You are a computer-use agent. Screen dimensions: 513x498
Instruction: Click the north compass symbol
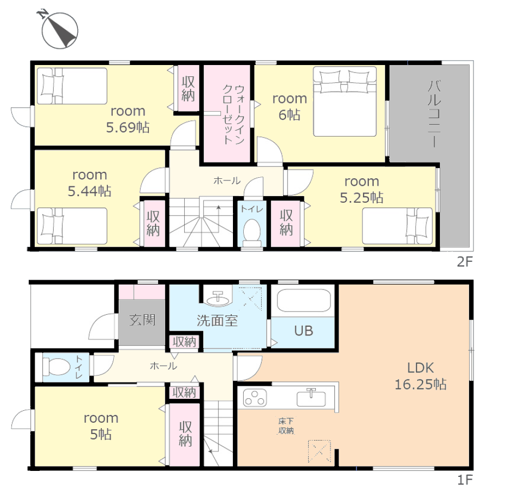tap(59, 29)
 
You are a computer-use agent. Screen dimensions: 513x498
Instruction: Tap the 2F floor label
tap(465, 262)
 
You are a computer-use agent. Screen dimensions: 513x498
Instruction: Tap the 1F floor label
tap(465, 480)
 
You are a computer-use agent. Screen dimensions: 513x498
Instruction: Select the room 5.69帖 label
tap(128, 119)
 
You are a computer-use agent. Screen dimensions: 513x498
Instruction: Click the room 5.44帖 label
tap(89, 183)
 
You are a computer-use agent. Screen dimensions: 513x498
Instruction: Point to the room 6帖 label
tap(289, 107)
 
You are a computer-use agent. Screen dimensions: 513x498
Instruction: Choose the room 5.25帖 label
tap(362, 190)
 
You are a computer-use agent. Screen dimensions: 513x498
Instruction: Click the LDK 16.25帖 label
tap(421, 376)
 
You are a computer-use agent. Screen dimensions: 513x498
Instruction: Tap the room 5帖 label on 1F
tap(101, 426)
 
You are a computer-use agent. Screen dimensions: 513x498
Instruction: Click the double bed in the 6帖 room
tap(345, 101)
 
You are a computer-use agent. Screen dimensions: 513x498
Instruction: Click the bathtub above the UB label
tap(303, 300)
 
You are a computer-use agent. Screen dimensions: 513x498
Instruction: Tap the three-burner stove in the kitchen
tap(255, 398)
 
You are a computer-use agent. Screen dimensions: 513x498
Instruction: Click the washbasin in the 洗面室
tap(218, 299)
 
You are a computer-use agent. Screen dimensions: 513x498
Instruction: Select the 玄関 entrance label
tap(142, 320)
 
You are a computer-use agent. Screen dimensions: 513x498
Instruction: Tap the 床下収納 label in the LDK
tap(286, 426)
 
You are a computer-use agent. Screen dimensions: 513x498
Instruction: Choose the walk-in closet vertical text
tap(233, 114)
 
